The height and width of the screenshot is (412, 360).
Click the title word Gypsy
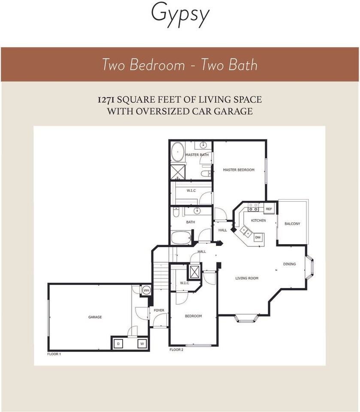coord(180,15)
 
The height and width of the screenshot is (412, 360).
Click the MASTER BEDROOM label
coord(239,170)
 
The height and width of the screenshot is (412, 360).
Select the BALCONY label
coord(292,224)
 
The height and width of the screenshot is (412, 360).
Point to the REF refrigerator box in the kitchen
coord(269,209)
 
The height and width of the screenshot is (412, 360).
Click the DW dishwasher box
coord(258,237)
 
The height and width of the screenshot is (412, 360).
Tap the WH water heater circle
coord(146,291)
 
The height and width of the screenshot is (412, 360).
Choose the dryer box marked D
coord(118,344)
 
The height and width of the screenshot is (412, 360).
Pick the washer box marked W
coord(142,344)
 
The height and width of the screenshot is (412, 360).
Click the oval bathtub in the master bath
coord(178,152)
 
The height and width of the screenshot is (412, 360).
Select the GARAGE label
coord(95,317)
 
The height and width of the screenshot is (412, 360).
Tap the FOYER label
coord(159,310)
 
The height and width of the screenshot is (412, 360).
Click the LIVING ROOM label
coord(247,278)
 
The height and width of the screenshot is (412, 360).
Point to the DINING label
coord(289,264)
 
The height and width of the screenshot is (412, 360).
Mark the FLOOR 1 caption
coord(54,354)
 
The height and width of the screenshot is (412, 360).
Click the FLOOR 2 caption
coord(176,350)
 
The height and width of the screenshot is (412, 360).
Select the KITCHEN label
coord(258,221)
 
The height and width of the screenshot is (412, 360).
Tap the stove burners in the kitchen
coord(253,207)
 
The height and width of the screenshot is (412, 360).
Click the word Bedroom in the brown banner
coord(157,65)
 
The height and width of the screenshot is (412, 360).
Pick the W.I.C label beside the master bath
coord(191,191)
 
